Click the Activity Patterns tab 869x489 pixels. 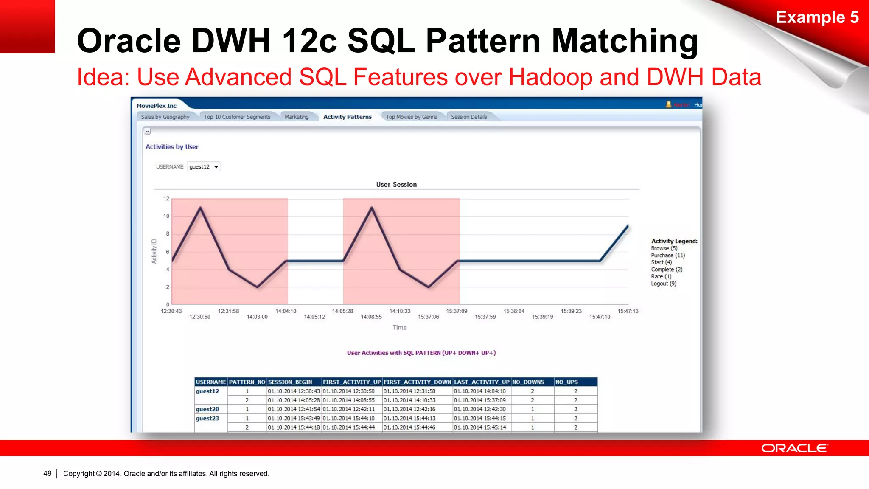click(x=347, y=117)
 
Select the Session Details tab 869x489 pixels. click(x=469, y=117)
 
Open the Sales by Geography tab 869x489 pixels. click(x=165, y=117)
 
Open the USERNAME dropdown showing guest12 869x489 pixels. click(x=204, y=167)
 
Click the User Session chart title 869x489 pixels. click(x=396, y=184)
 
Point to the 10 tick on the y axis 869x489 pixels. click(x=166, y=216)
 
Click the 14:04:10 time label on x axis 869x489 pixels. click(x=286, y=311)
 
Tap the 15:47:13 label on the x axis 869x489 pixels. click(x=628, y=311)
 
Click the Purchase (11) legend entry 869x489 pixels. click(x=668, y=255)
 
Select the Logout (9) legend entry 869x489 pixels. click(x=664, y=284)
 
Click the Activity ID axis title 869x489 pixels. click(x=154, y=251)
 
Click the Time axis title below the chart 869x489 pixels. click(x=399, y=327)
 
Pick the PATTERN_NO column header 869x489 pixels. click(x=247, y=382)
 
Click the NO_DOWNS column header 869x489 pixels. click(x=528, y=382)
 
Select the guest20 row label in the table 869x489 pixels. click(x=207, y=409)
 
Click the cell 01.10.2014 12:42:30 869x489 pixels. click(x=479, y=409)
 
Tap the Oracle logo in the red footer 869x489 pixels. click(x=794, y=448)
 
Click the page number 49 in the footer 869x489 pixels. click(x=47, y=473)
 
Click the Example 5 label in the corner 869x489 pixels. click(x=817, y=17)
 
